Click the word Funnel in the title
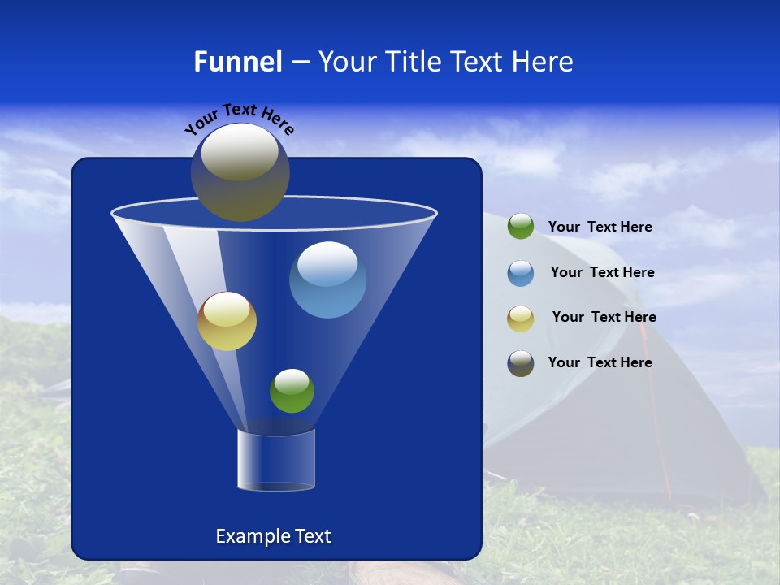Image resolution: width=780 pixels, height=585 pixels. pos(237,62)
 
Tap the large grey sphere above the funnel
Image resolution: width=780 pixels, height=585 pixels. pos(240,171)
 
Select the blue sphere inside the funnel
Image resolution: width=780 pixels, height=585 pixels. pos(327,279)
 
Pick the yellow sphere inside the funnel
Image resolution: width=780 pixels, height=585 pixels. pos(227,321)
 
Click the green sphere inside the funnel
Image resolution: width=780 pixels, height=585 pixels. pos(292,391)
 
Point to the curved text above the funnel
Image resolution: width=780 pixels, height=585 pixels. pos(240,119)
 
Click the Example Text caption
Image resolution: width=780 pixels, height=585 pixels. pos(273,536)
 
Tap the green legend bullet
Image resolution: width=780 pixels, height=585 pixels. pos(521,227)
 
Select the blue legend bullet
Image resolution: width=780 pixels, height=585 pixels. pos(521,273)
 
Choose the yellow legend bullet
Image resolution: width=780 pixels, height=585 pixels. pos(521,318)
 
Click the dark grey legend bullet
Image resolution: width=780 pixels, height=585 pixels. pos(521,363)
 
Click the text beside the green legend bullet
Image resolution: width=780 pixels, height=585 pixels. pos(600,227)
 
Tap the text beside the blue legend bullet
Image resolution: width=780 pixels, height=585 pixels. pos(602,272)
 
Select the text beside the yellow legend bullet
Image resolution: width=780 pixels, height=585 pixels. pos(604,317)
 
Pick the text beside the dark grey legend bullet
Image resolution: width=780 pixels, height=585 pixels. pos(600,362)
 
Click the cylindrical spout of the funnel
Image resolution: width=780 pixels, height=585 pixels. pos(275,460)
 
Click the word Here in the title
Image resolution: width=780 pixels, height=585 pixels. pos(544,62)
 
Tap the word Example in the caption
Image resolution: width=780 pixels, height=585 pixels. pos(249,536)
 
